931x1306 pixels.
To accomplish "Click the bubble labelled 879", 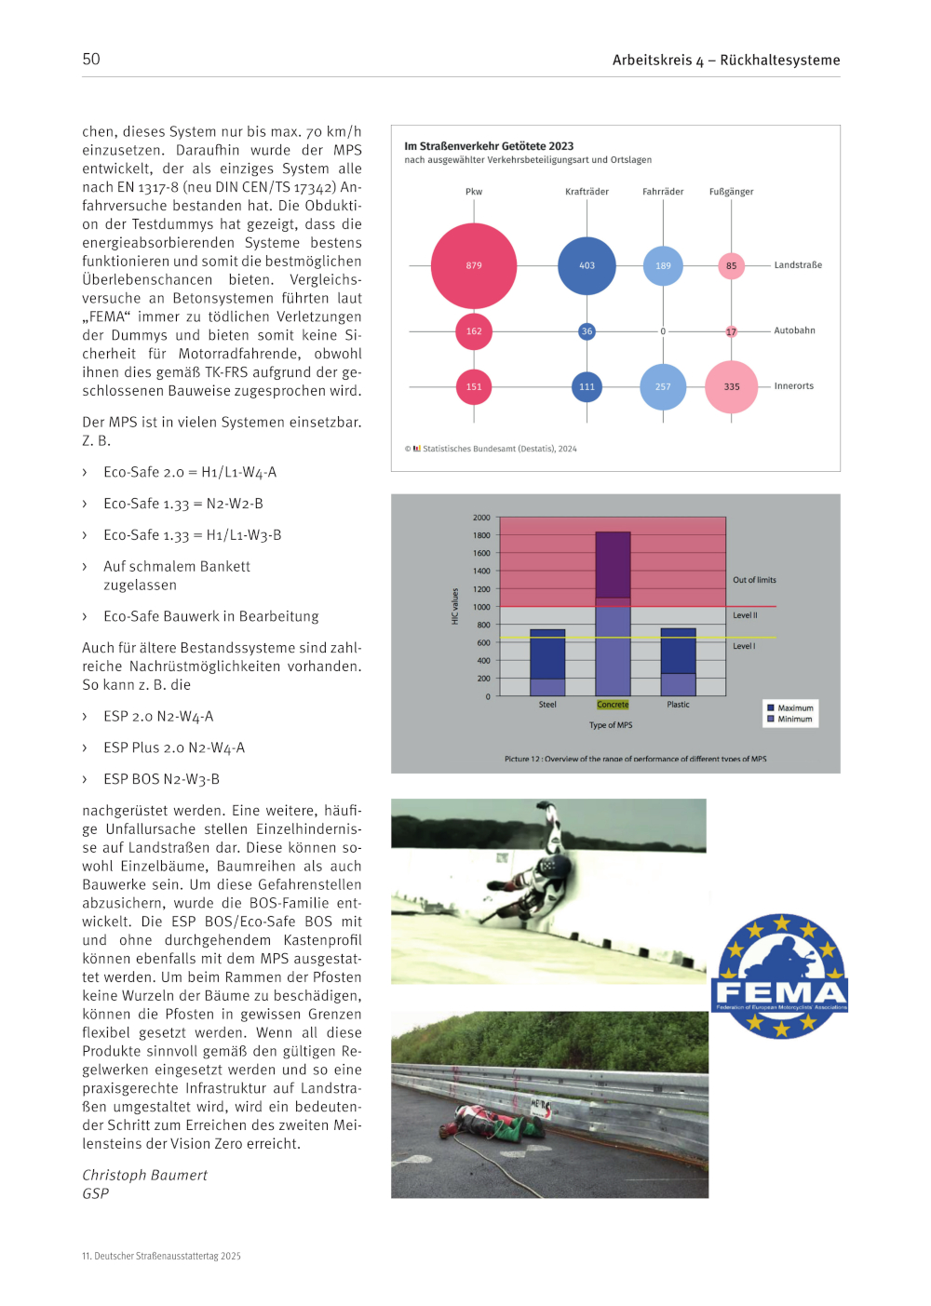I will (x=474, y=265).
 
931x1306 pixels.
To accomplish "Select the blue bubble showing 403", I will (x=587, y=265).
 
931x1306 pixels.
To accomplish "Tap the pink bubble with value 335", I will (x=732, y=386).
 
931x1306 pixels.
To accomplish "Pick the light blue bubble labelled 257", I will (x=663, y=386).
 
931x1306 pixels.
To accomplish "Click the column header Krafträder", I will (x=587, y=192).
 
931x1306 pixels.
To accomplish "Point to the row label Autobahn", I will (x=794, y=330).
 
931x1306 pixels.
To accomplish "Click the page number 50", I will (x=91, y=60).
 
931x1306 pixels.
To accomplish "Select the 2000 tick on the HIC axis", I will (x=481, y=518).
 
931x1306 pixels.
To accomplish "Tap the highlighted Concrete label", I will (x=613, y=705).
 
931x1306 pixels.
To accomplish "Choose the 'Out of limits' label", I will (x=754, y=580).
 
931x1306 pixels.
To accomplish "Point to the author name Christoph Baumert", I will (x=144, y=1175).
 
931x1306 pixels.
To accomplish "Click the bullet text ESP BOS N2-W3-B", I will (x=161, y=779).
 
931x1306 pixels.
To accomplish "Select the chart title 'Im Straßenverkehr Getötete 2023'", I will (x=489, y=146).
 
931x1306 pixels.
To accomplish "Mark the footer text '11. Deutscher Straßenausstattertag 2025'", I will (x=161, y=1256).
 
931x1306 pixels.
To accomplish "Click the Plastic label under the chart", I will (x=678, y=705).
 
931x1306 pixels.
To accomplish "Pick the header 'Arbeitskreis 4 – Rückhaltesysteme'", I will (x=726, y=61).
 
